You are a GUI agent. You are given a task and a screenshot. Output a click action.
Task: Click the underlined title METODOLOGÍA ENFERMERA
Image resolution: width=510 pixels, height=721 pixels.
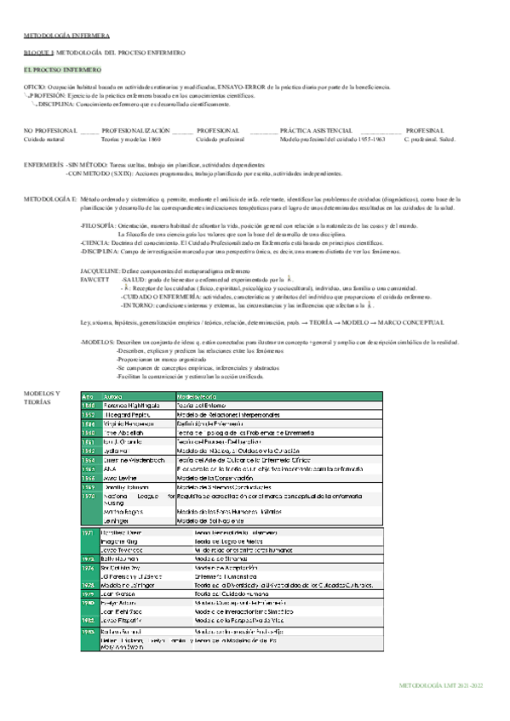coord(66,37)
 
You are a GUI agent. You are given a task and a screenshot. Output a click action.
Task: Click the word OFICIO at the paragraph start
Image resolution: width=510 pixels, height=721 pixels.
coord(34,88)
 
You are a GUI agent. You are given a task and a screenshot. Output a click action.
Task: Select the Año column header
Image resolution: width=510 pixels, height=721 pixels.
coord(88,397)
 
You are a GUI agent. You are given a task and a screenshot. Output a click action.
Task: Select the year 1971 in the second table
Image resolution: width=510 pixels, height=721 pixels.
coord(88,532)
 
